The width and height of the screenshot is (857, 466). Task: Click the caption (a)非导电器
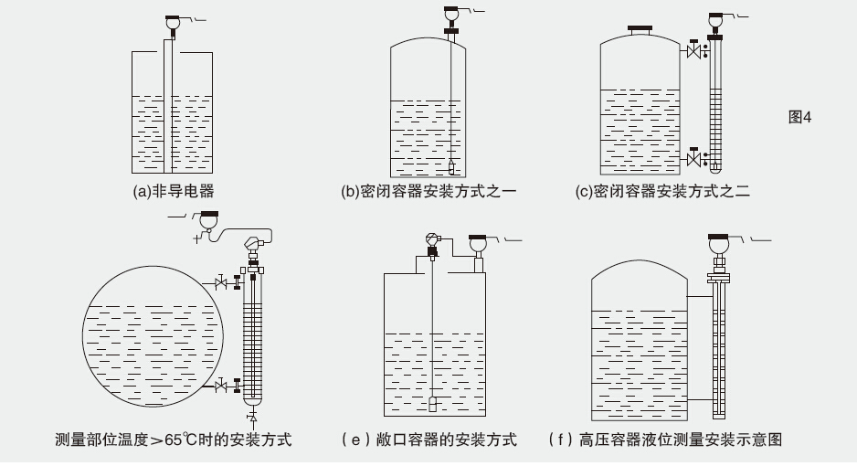click(174, 192)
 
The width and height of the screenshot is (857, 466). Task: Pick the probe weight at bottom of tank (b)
click(451, 166)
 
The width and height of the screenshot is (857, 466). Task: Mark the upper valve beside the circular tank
click(220, 284)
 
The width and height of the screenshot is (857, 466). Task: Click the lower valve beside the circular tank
click(220, 387)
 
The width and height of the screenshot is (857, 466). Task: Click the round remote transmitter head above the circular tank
click(209, 220)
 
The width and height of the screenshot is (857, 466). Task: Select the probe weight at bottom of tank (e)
click(433, 402)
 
